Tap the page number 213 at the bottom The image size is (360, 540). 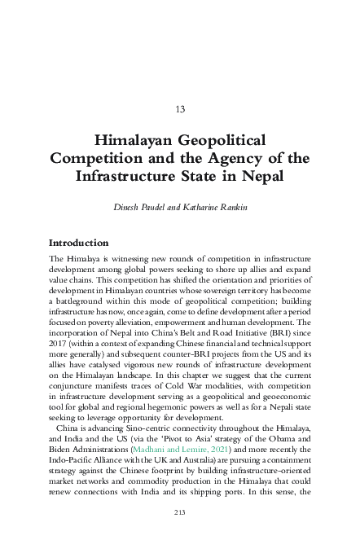[x=180, y=511]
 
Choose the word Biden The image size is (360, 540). [x=63, y=450]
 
